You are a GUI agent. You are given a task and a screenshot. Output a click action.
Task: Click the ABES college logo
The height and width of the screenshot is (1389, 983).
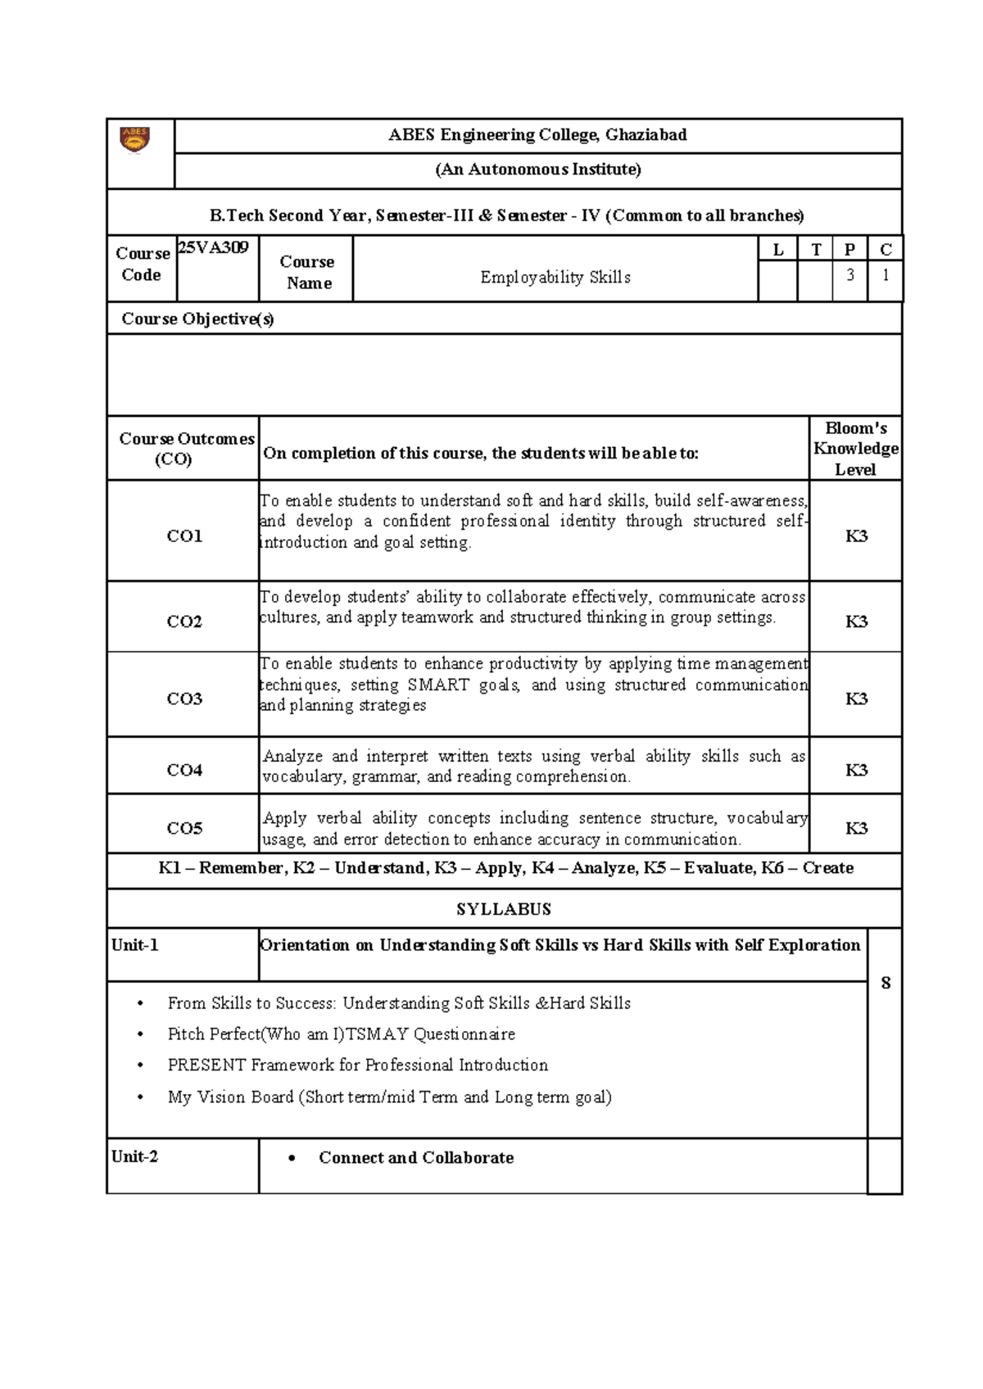tap(135, 139)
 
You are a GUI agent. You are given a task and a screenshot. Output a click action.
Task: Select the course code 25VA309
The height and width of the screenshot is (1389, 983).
tap(214, 247)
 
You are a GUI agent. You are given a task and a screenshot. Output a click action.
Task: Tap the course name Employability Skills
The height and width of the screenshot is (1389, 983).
tap(555, 278)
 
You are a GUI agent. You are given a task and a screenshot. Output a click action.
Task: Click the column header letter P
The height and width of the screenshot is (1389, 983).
tap(849, 250)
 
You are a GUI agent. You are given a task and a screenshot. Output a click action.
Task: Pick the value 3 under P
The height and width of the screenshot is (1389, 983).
tap(849, 275)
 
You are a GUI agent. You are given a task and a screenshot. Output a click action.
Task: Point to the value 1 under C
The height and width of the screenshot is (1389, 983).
tap(885, 275)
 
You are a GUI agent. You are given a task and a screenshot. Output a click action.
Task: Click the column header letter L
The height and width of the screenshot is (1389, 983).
tap(777, 250)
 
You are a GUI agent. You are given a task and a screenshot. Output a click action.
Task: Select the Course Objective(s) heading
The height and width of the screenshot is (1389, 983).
tap(197, 319)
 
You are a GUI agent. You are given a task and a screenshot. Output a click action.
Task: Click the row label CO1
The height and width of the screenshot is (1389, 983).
tap(184, 536)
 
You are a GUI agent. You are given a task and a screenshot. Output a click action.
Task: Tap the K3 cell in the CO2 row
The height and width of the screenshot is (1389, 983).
tap(856, 622)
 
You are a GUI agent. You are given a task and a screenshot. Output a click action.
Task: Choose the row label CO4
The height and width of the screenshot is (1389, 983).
tap(184, 770)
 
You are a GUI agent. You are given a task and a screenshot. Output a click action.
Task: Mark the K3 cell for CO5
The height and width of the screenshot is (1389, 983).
tap(856, 828)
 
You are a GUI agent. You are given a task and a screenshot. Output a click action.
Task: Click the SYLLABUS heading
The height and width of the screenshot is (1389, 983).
tap(504, 909)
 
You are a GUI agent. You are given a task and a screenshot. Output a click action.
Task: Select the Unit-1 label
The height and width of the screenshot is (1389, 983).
tap(135, 945)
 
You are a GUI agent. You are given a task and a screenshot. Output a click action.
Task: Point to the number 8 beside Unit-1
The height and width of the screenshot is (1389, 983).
tap(886, 983)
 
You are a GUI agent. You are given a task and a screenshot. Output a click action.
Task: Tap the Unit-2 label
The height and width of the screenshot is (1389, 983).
tap(135, 1156)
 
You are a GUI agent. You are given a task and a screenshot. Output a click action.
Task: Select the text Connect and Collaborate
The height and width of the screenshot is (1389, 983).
tap(416, 1157)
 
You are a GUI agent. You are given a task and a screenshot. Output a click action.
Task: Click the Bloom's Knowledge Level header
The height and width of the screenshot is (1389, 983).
tap(855, 449)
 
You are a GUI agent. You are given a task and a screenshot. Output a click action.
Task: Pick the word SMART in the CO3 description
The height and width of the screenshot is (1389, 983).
tap(438, 685)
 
